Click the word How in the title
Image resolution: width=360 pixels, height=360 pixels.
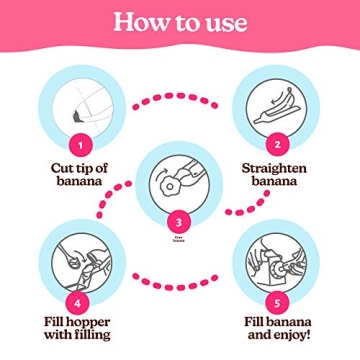click(x=140, y=22)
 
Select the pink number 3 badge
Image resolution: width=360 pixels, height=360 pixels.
click(x=179, y=222)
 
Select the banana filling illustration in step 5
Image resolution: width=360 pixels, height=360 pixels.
click(x=275, y=262)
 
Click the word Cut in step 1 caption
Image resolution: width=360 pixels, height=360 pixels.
click(x=63, y=168)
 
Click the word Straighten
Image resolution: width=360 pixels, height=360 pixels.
click(x=274, y=168)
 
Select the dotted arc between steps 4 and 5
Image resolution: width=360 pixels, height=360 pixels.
click(x=176, y=282)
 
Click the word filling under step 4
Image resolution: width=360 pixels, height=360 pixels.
click(x=92, y=335)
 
